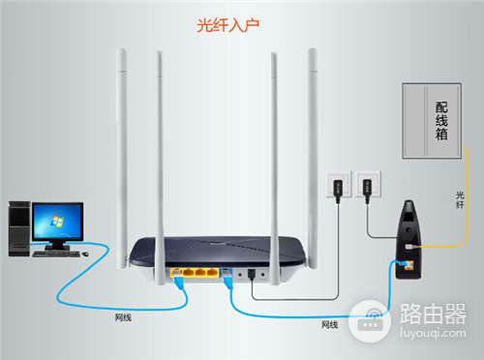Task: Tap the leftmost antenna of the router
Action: tap(124, 145)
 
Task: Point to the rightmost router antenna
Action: tap(313, 145)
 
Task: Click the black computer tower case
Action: tap(18, 228)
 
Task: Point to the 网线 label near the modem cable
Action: tap(329, 324)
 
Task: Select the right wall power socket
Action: tap(366, 185)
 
